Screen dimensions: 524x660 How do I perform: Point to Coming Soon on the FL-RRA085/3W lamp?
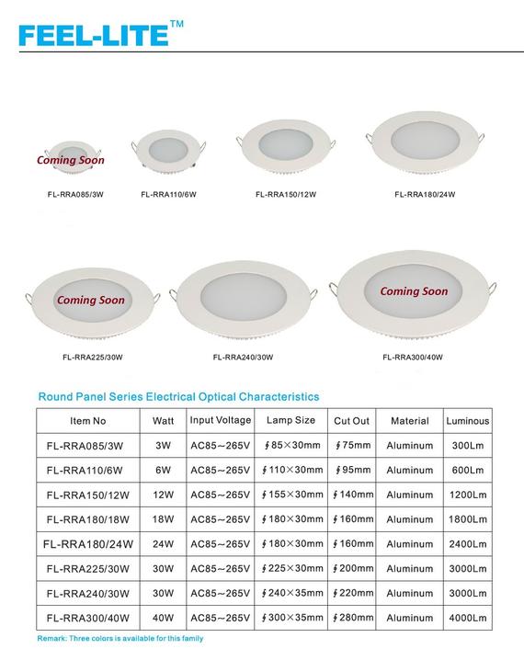click(x=70, y=160)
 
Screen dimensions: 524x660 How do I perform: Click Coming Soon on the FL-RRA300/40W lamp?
click(x=414, y=291)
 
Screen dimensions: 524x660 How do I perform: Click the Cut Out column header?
click(x=351, y=421)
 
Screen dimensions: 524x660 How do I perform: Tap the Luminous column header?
click(x=467, y=421)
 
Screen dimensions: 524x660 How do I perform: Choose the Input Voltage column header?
click(x=221, y=420)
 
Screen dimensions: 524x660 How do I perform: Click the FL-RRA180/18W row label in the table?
click(x=88, y=518)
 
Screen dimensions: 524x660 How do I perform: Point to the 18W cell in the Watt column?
click(x=163, y=518)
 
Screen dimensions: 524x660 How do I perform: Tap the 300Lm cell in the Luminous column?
click(x=467, y=446)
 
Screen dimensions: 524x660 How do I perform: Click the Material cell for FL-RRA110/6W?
click(x=410, y=470)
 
